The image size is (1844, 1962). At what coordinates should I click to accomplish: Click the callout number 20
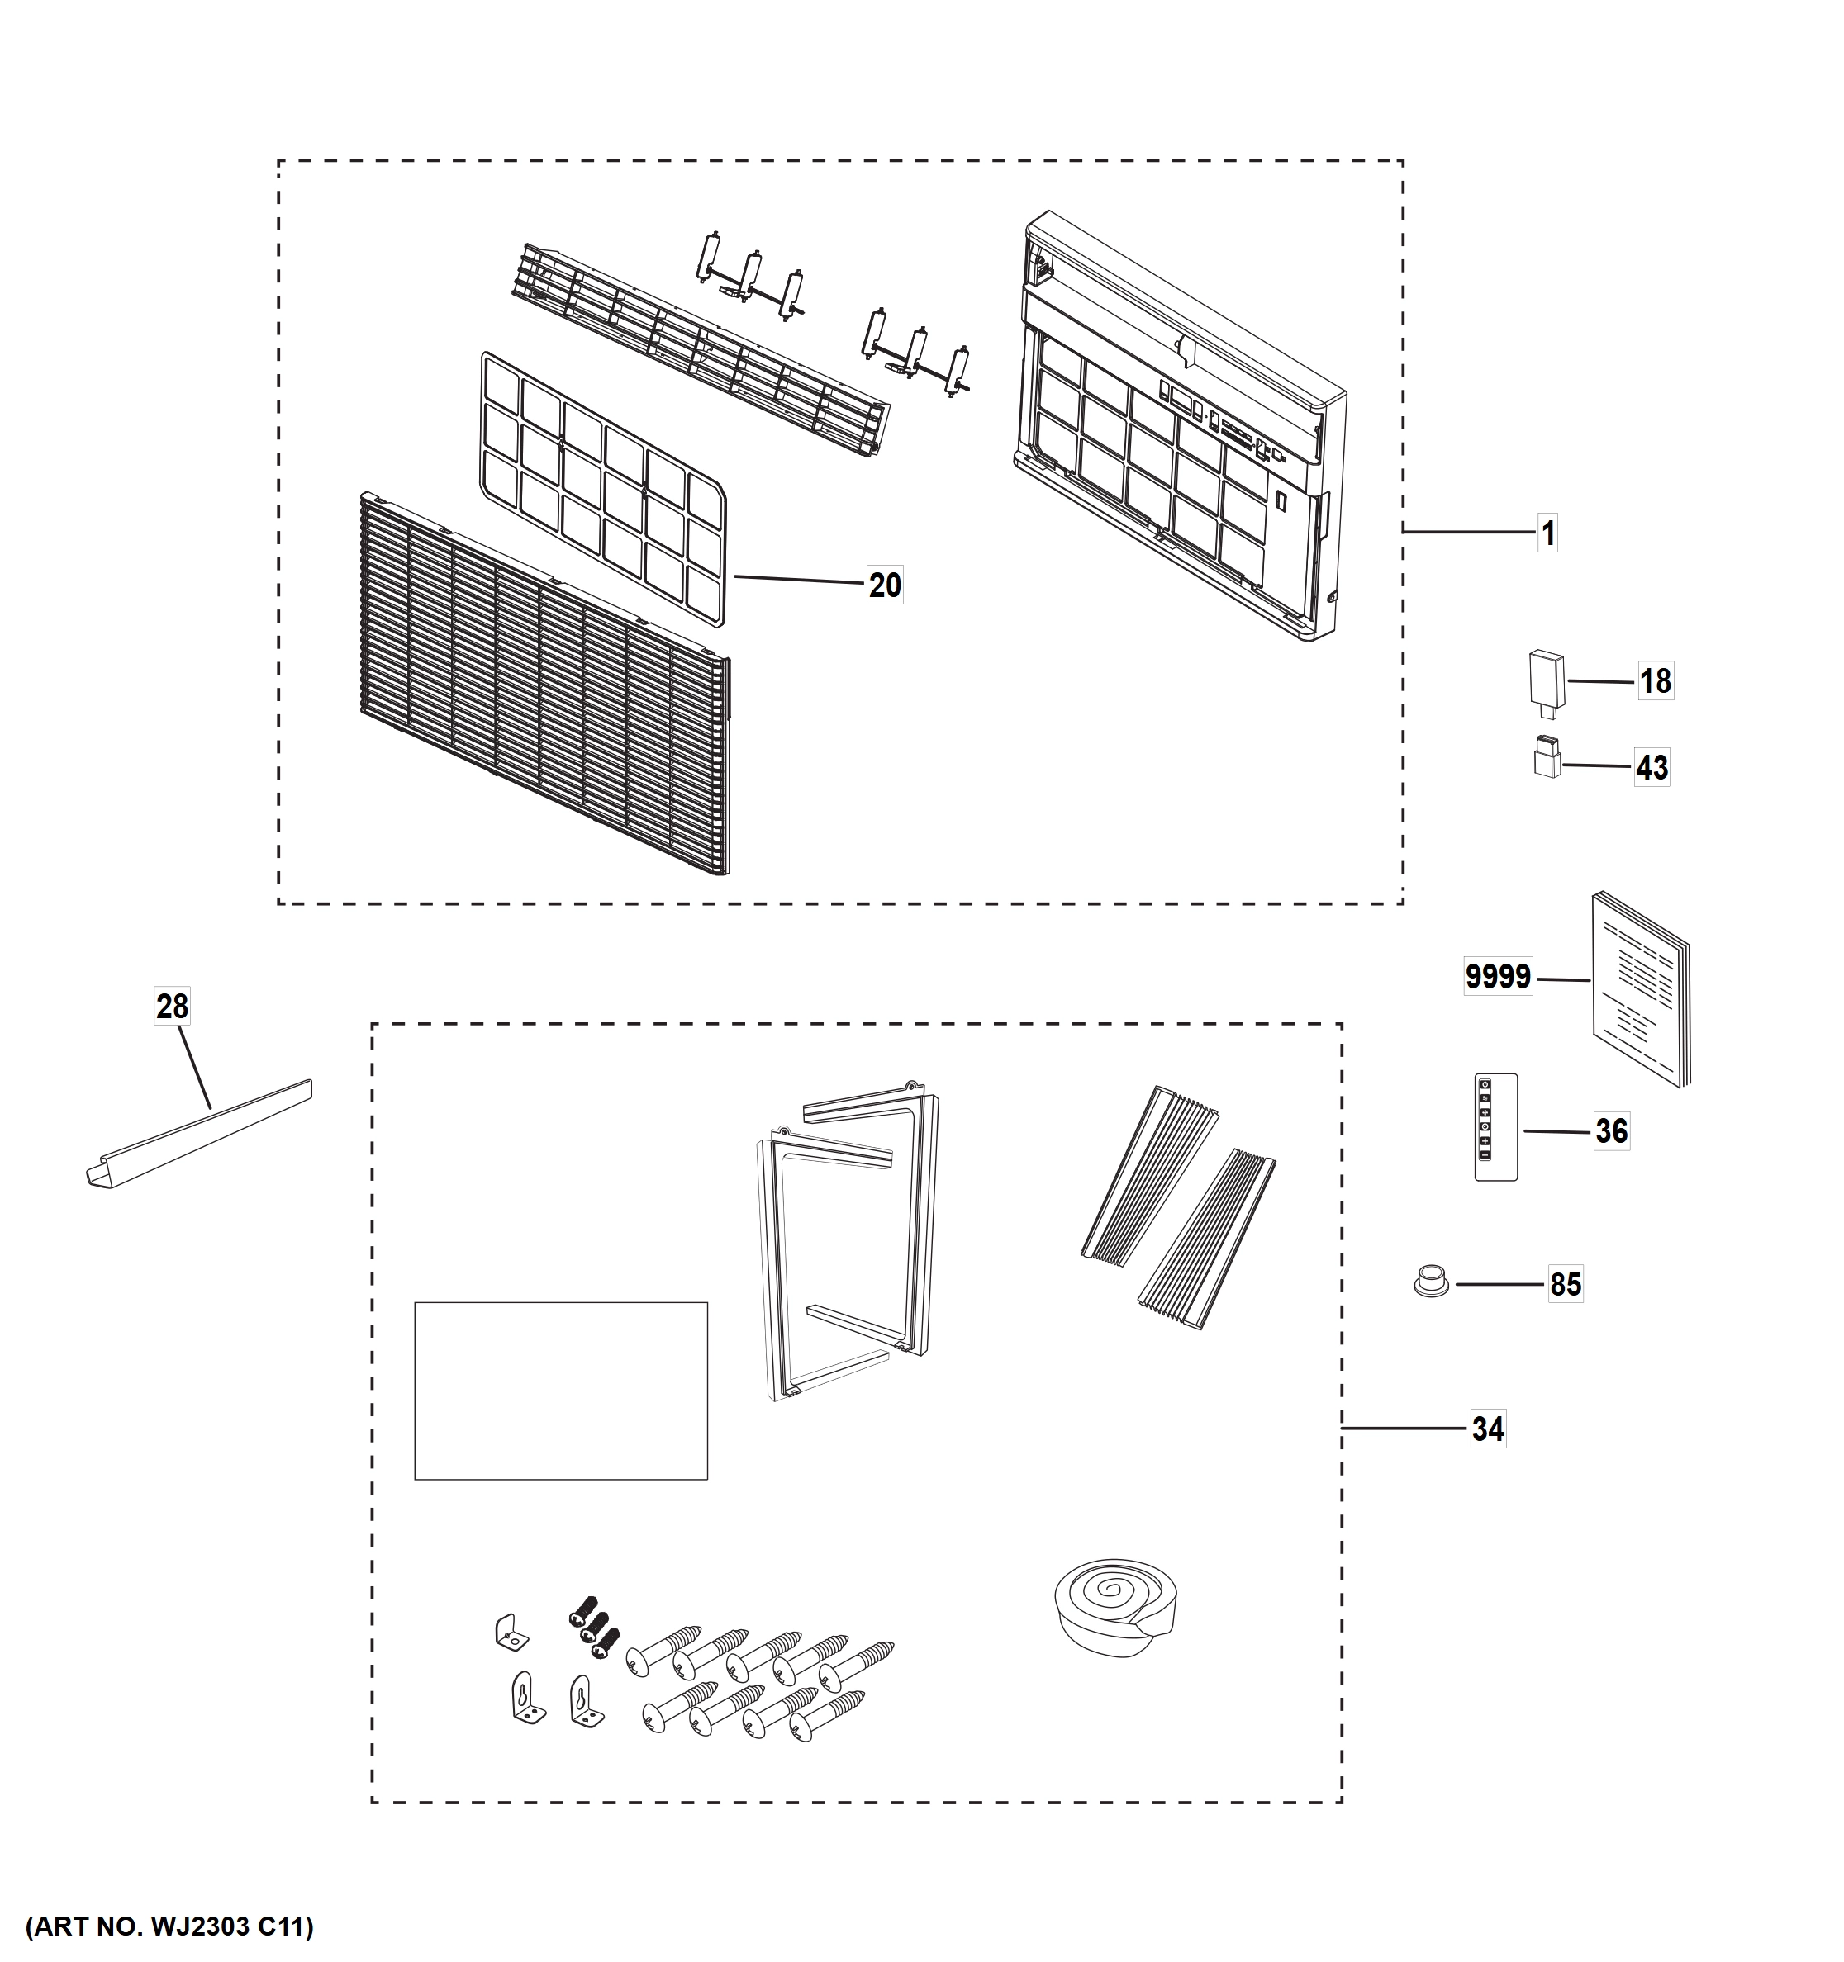click(x=885, y=585)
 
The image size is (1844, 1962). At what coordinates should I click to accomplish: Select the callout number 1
click(x=1548, y=534)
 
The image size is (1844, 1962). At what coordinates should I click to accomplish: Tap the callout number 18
click(x=1656, y=681)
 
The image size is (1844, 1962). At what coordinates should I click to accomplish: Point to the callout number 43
click(x=1652, y=767)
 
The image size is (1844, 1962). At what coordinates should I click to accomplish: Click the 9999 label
click(x=1498, y=977)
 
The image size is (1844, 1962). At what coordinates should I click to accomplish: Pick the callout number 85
click(x=1566, y=1284)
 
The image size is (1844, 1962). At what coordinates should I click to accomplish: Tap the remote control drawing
click(x=1495, y=1127)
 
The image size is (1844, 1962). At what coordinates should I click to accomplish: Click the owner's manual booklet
click(x=1641, y=990)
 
